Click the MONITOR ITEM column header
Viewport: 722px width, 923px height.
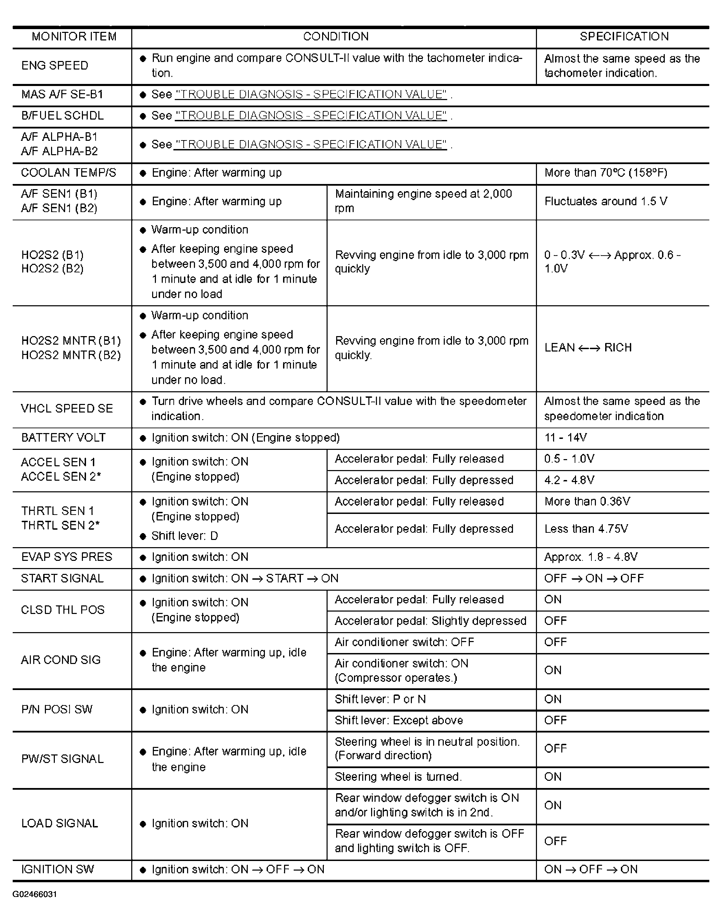(74, 37)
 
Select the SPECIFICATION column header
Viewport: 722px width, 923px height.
(624, 37)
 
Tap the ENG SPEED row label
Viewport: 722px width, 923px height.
(55, 65)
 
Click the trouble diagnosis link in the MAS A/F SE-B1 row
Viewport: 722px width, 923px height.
(311, 94)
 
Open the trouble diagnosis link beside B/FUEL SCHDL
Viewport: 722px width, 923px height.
(311, 116)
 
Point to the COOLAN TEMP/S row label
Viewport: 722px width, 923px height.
(69, 173)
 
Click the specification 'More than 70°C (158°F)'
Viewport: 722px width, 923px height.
(606, 173)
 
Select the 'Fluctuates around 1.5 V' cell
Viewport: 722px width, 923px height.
(606, 201)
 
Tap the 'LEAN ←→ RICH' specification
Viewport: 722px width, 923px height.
(588, 347)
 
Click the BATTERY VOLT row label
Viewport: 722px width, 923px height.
(63, 438)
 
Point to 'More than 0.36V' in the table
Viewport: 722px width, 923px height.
(587, 502)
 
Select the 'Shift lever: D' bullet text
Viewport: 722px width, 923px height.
(185, 536)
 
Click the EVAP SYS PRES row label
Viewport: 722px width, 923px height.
(67, 557)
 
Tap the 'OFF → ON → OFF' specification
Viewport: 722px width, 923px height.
(594, 579)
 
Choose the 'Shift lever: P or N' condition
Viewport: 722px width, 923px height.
(380, 699)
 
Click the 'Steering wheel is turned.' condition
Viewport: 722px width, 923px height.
(398, 777)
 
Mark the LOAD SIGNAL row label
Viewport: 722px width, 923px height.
(60, 823)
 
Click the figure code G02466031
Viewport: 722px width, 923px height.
(35, 894)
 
